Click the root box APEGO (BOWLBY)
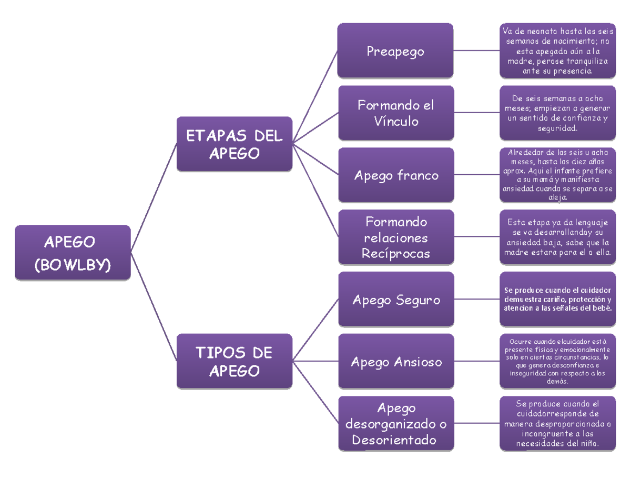tap(73, 253)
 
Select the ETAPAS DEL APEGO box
tap(234, 144)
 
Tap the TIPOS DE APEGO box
tap(234, 361)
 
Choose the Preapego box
tap(395, 51)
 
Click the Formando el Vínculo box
tap(395, 113)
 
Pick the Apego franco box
tap(395, 175)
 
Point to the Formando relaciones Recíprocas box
tap(395, 237)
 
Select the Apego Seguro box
tap(395, 300)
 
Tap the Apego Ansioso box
tap(395, 362)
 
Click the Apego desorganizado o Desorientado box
tap(395, 424)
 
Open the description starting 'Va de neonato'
tap(557, 51)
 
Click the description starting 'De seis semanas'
tap(557, 113)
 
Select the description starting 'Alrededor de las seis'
tap(557, 175)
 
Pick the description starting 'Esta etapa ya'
tap(557, 237)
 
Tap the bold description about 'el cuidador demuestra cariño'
tap(557, 300)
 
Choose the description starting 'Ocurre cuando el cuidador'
tap(557, 362)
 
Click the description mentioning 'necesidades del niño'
tap(557, 424)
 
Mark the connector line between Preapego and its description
tap(476, 51)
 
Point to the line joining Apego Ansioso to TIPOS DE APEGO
tap(315, 361)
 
